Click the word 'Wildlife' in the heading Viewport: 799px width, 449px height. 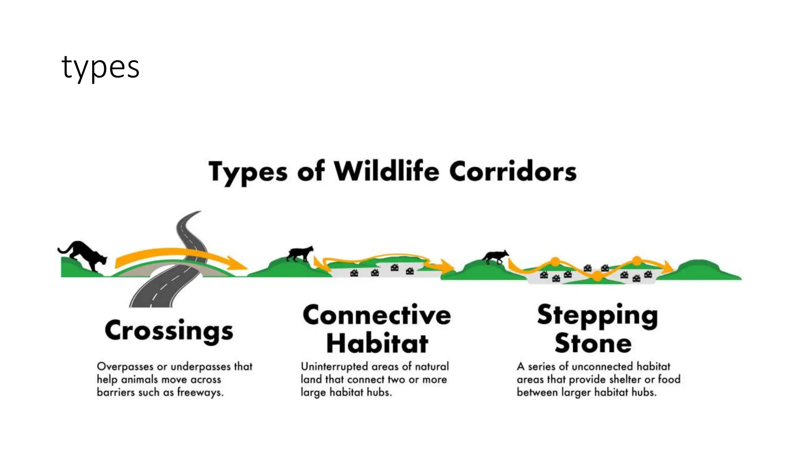click(x=386, y=171)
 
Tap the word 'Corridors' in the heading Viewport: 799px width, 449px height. click(x=513, y=171)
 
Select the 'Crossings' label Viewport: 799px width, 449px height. click(x=169, y=331)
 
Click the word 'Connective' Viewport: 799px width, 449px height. click(x=377, y=315)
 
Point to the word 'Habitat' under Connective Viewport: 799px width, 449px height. click(x=377, y=343)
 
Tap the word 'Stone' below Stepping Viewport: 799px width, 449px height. click(x=593, y=343)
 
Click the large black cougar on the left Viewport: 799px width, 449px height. click(x=84, y=255)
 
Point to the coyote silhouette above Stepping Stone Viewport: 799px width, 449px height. click(x=495, y=257)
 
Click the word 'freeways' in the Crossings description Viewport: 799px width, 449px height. click(x=200, y=392)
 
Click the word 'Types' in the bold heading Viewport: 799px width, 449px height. click(x=248, y=172)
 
